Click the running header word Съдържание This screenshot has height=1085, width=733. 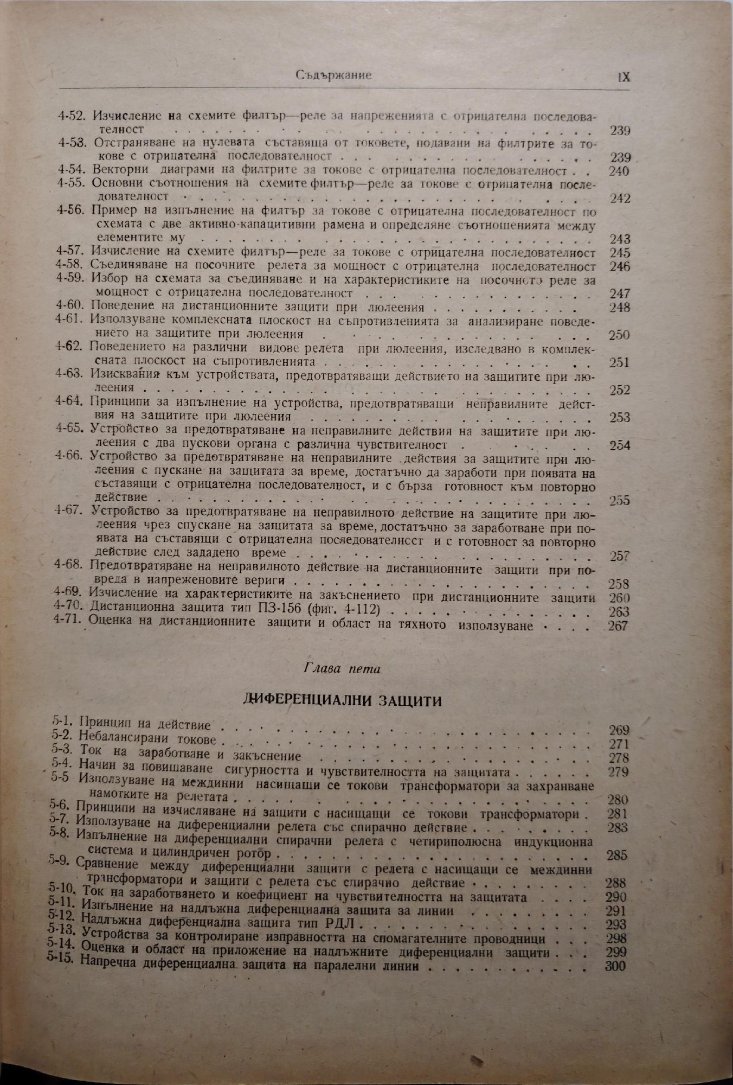tap(334, 76)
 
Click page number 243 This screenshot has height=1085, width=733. tap(620, 239)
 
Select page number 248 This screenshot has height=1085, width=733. tap(620, 308)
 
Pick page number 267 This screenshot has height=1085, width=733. tap(618, 626)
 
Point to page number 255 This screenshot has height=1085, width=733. tap(619, 500)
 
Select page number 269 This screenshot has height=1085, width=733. tap(619, 730)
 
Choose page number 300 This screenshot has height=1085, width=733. tap(615, 966)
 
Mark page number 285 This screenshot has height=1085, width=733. tap(617, 856)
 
